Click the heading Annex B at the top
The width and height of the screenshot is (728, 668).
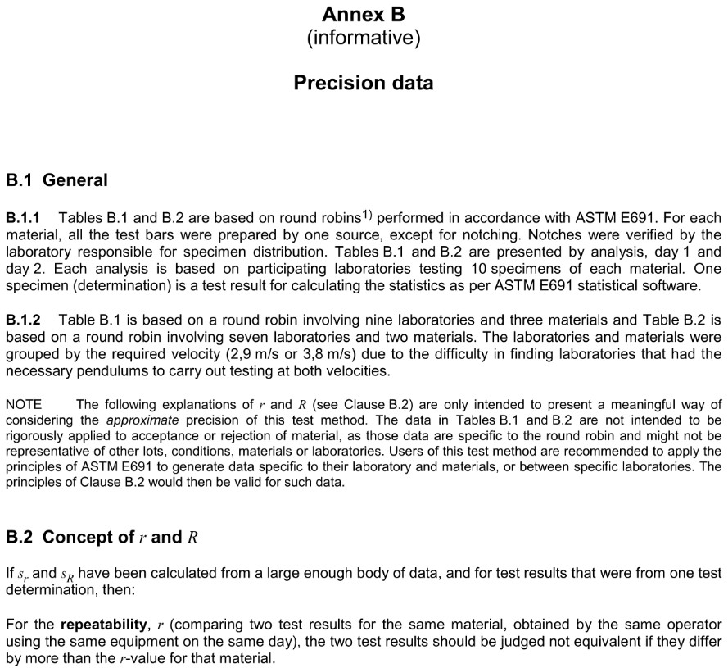click(363, 14)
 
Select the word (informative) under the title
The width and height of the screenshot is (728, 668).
click(363, 38)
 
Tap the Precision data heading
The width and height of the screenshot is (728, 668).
click(363, 83)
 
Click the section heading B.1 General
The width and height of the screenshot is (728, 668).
click(57, 179)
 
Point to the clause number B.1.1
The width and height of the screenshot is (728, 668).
click(23, 218)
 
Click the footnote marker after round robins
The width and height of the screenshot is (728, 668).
click(367, 215)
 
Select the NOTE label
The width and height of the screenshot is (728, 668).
click(24, 404)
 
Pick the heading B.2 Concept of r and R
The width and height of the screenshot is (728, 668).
click(102, 538)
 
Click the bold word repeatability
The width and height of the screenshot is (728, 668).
click(97, 625)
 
